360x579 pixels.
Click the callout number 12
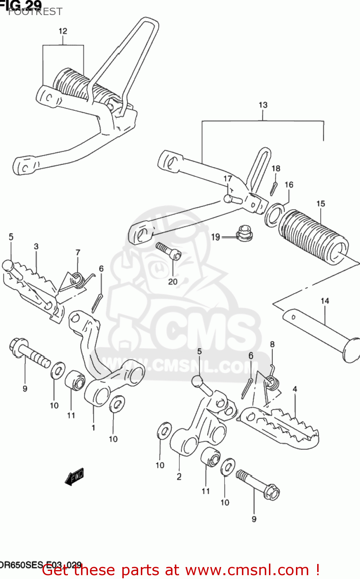[63, 31]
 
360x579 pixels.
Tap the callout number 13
[263, 105]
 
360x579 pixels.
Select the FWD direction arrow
[74, 477]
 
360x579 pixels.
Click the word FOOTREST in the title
[35, 12]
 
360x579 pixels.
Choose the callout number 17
[228, 179]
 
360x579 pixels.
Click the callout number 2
[179, 477]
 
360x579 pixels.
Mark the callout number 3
[36, 246]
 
